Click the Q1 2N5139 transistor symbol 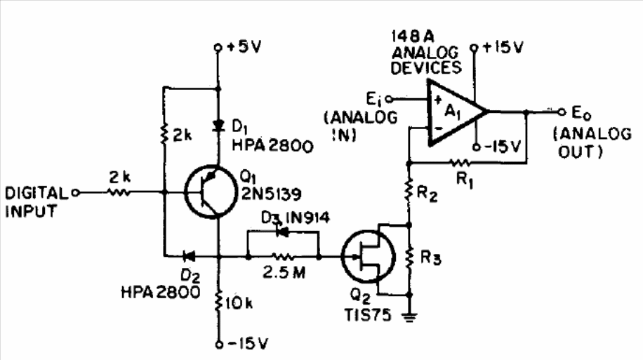(211, 192)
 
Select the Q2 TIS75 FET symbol (369, 257)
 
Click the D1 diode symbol (218, 125)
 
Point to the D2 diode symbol (189, 257)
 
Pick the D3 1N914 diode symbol (282, 232)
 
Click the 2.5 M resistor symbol (284, 257)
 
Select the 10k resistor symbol (218, 302)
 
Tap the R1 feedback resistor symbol (460, 164)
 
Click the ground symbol (409, 316)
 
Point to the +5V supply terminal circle (218, 48)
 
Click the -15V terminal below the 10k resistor (219, 345)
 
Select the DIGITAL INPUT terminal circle (75, 192)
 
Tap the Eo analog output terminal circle (562, 112)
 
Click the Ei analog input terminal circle (389, 99)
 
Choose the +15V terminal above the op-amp (475, 48)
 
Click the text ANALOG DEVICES (426, 60)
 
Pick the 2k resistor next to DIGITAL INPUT (119, 192)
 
